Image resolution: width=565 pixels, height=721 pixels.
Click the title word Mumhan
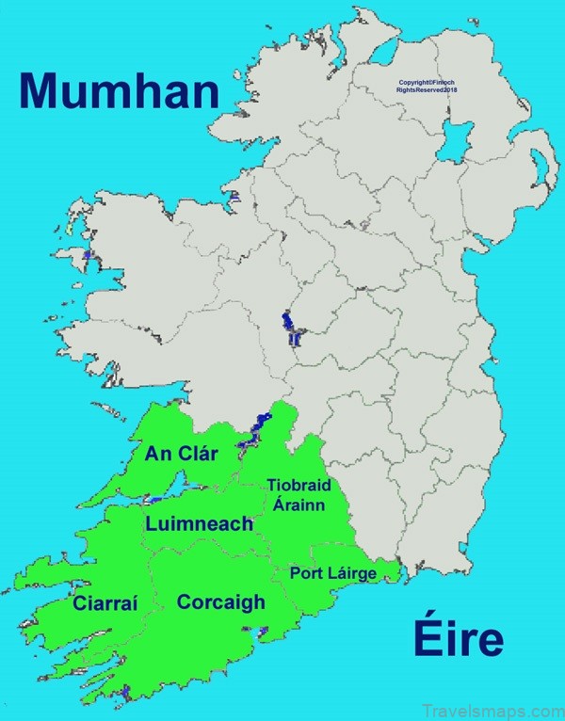coord(119,91)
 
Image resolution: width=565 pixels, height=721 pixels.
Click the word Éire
coord(457,639)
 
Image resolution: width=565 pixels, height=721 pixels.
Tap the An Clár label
coord(182,454)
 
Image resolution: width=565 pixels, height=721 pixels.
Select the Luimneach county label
coord(199,523)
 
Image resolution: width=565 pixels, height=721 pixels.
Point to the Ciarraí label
coord(105,603)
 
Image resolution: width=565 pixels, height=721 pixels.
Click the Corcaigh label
coord(221,602)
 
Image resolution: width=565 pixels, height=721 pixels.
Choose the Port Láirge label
coord(332,572)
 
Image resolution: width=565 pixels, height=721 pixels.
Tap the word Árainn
coord(299,504)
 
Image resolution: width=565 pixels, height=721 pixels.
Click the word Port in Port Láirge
coord(307,572)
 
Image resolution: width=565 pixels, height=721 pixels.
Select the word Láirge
coord(350,573)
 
